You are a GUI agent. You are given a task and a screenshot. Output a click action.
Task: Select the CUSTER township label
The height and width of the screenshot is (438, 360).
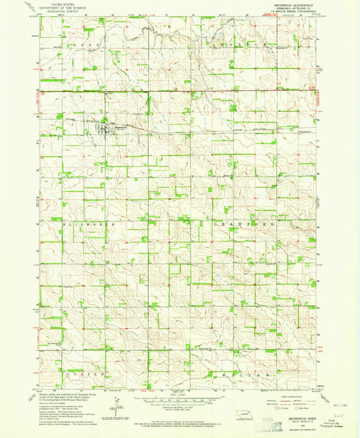pos(85,374)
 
